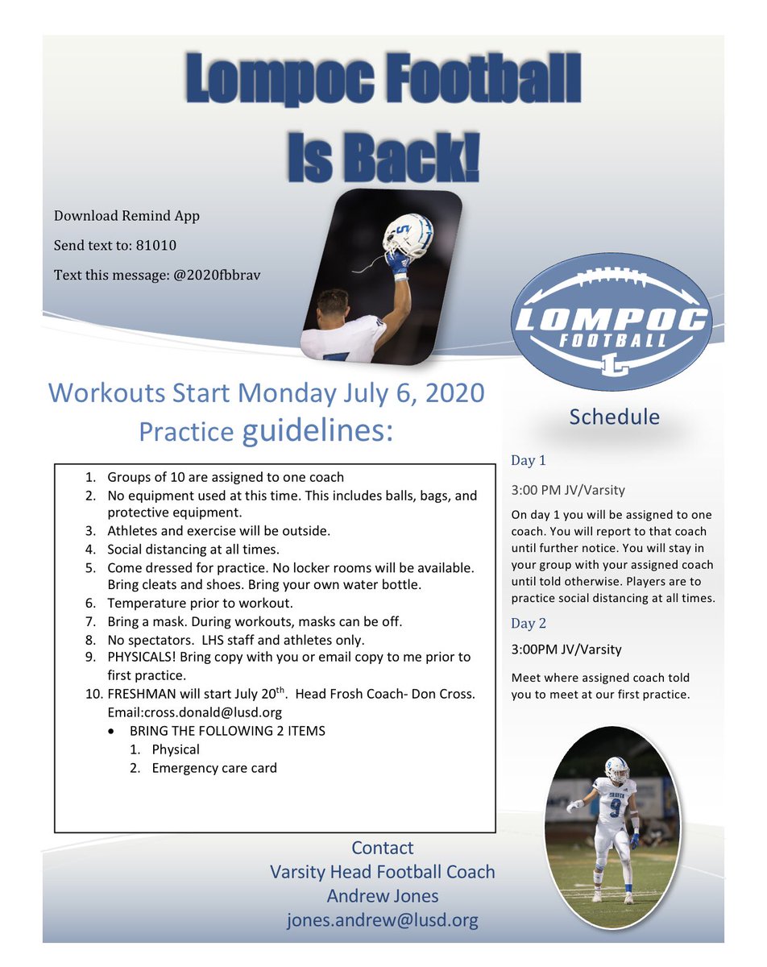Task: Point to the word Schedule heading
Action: click(x=614, y=417)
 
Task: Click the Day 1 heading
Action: click(x=529, y=461)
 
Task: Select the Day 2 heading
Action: click(x=529, y=623)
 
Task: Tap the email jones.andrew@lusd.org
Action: click(x=383, y=920)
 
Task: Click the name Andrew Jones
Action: click(x=383, y=896)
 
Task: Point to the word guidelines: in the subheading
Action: click(x=318, y=431)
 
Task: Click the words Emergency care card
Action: click(x=214, y=768)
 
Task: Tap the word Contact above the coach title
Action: click(x=383, y=848)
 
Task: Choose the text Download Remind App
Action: click(x=126, y=216)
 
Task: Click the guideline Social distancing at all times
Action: click(x=193, y=550)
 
